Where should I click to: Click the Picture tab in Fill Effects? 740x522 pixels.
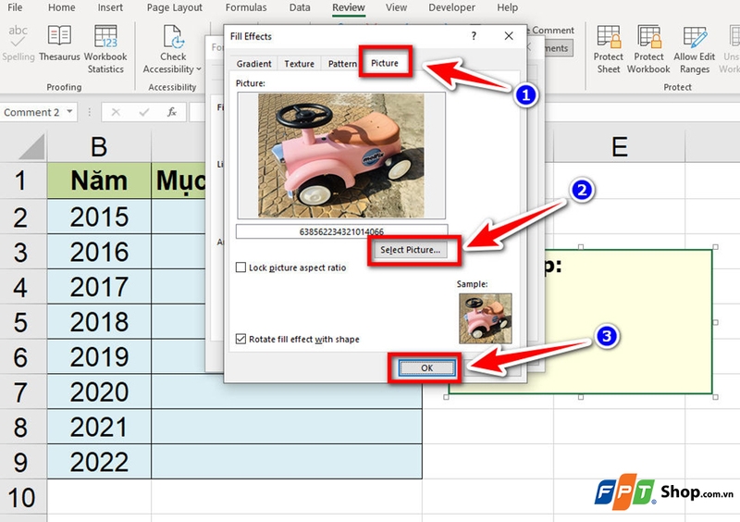tap(385, 64)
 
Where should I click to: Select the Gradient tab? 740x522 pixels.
tap(253, 64)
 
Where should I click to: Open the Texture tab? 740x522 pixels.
tap(299, 64)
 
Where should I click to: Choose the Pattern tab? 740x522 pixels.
tap(342, 64)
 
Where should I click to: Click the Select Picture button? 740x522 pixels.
tap(410, 250)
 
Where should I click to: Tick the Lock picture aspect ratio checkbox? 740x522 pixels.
tap(241, 267)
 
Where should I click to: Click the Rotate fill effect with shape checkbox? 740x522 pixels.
tap(241, 339)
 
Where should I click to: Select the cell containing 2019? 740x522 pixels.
tap(99, 356)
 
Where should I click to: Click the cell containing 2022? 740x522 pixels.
tap(99, 462)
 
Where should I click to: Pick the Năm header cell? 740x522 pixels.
tap(99, 180)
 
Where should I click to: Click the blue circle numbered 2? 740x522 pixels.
tap(582, 191)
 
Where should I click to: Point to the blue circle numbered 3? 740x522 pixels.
tap(606, 337)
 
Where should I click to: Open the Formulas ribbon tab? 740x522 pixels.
tap(247, 7)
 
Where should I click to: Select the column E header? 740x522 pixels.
tap(619, 146)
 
